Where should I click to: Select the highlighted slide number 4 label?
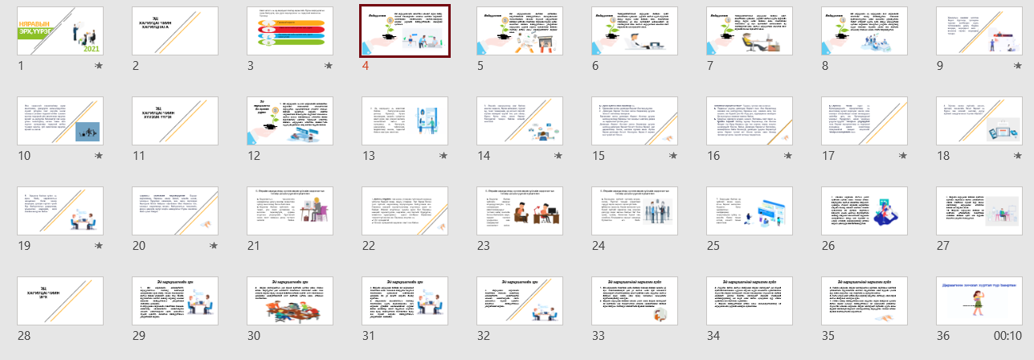click(x=365, y=66)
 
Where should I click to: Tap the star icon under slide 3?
click(x=328, y=66)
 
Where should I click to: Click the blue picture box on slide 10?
click(x=88, y=131)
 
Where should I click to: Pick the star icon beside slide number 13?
click(x=443, y=156)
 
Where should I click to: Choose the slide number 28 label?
click(x=25, y=336)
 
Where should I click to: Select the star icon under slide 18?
click(x=1017, y=156)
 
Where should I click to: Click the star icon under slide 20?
click(x=213, y=246)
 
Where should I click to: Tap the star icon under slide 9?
click(x=1017, y=66)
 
